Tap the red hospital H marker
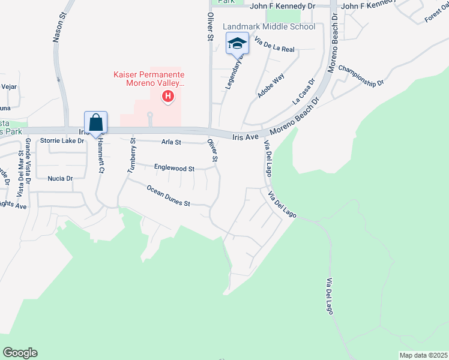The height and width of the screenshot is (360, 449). (168, 95)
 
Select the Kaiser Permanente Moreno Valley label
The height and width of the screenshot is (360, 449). (148, 79)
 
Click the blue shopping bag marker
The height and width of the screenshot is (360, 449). (96, 123)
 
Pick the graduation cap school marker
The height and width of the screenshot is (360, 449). (237, 43)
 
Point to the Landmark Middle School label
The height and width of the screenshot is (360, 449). (269, 26)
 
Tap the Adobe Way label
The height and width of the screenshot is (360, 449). (271, 86)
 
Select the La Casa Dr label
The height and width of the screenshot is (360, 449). (304, 92)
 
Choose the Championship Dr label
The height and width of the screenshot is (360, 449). (361, 75)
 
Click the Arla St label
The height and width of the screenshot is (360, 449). (171, 142)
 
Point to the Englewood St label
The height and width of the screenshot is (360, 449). (174, 169)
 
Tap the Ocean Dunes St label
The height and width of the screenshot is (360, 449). (169, 196)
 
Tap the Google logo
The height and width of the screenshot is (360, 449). (20, 353)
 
